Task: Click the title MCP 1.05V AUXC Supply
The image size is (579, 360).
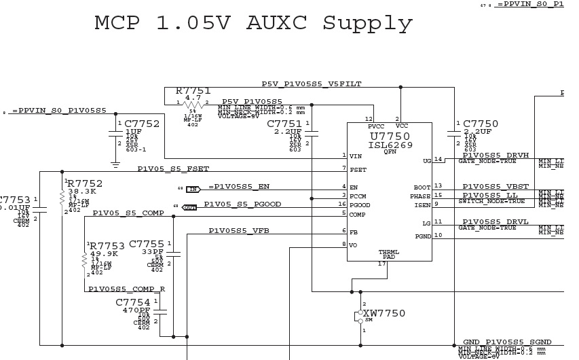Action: click(x=253, y=24)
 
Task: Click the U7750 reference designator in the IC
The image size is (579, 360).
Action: click(x=390, y=136)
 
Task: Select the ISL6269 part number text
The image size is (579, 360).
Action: click(x=390, y=145)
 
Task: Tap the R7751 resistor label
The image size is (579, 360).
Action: click(x=193, y=91)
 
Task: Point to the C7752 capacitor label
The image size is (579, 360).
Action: click(x=142, y=124)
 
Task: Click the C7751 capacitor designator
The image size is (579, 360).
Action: click(x=284, y=124)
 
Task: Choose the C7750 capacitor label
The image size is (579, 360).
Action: click(x=481, y=124)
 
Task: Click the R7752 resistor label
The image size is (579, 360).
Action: click(x=85, y=183)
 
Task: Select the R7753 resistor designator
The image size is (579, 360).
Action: click(x=107, y=246)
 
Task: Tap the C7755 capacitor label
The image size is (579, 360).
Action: click(x=147, y=244)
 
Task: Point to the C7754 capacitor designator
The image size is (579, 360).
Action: click(x=133, y=302)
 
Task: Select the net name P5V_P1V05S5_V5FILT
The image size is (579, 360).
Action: click(x=312, y=84)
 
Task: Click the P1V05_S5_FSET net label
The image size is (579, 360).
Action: click(x=173, y=168)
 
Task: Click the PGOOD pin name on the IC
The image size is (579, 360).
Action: click(x=360, y=205)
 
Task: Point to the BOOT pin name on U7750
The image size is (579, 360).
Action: click(x=422, y=187)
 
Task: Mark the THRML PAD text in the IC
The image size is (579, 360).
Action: click(x=389, y=255)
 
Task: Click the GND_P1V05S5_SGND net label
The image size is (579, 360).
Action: click(x=506, y=342)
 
